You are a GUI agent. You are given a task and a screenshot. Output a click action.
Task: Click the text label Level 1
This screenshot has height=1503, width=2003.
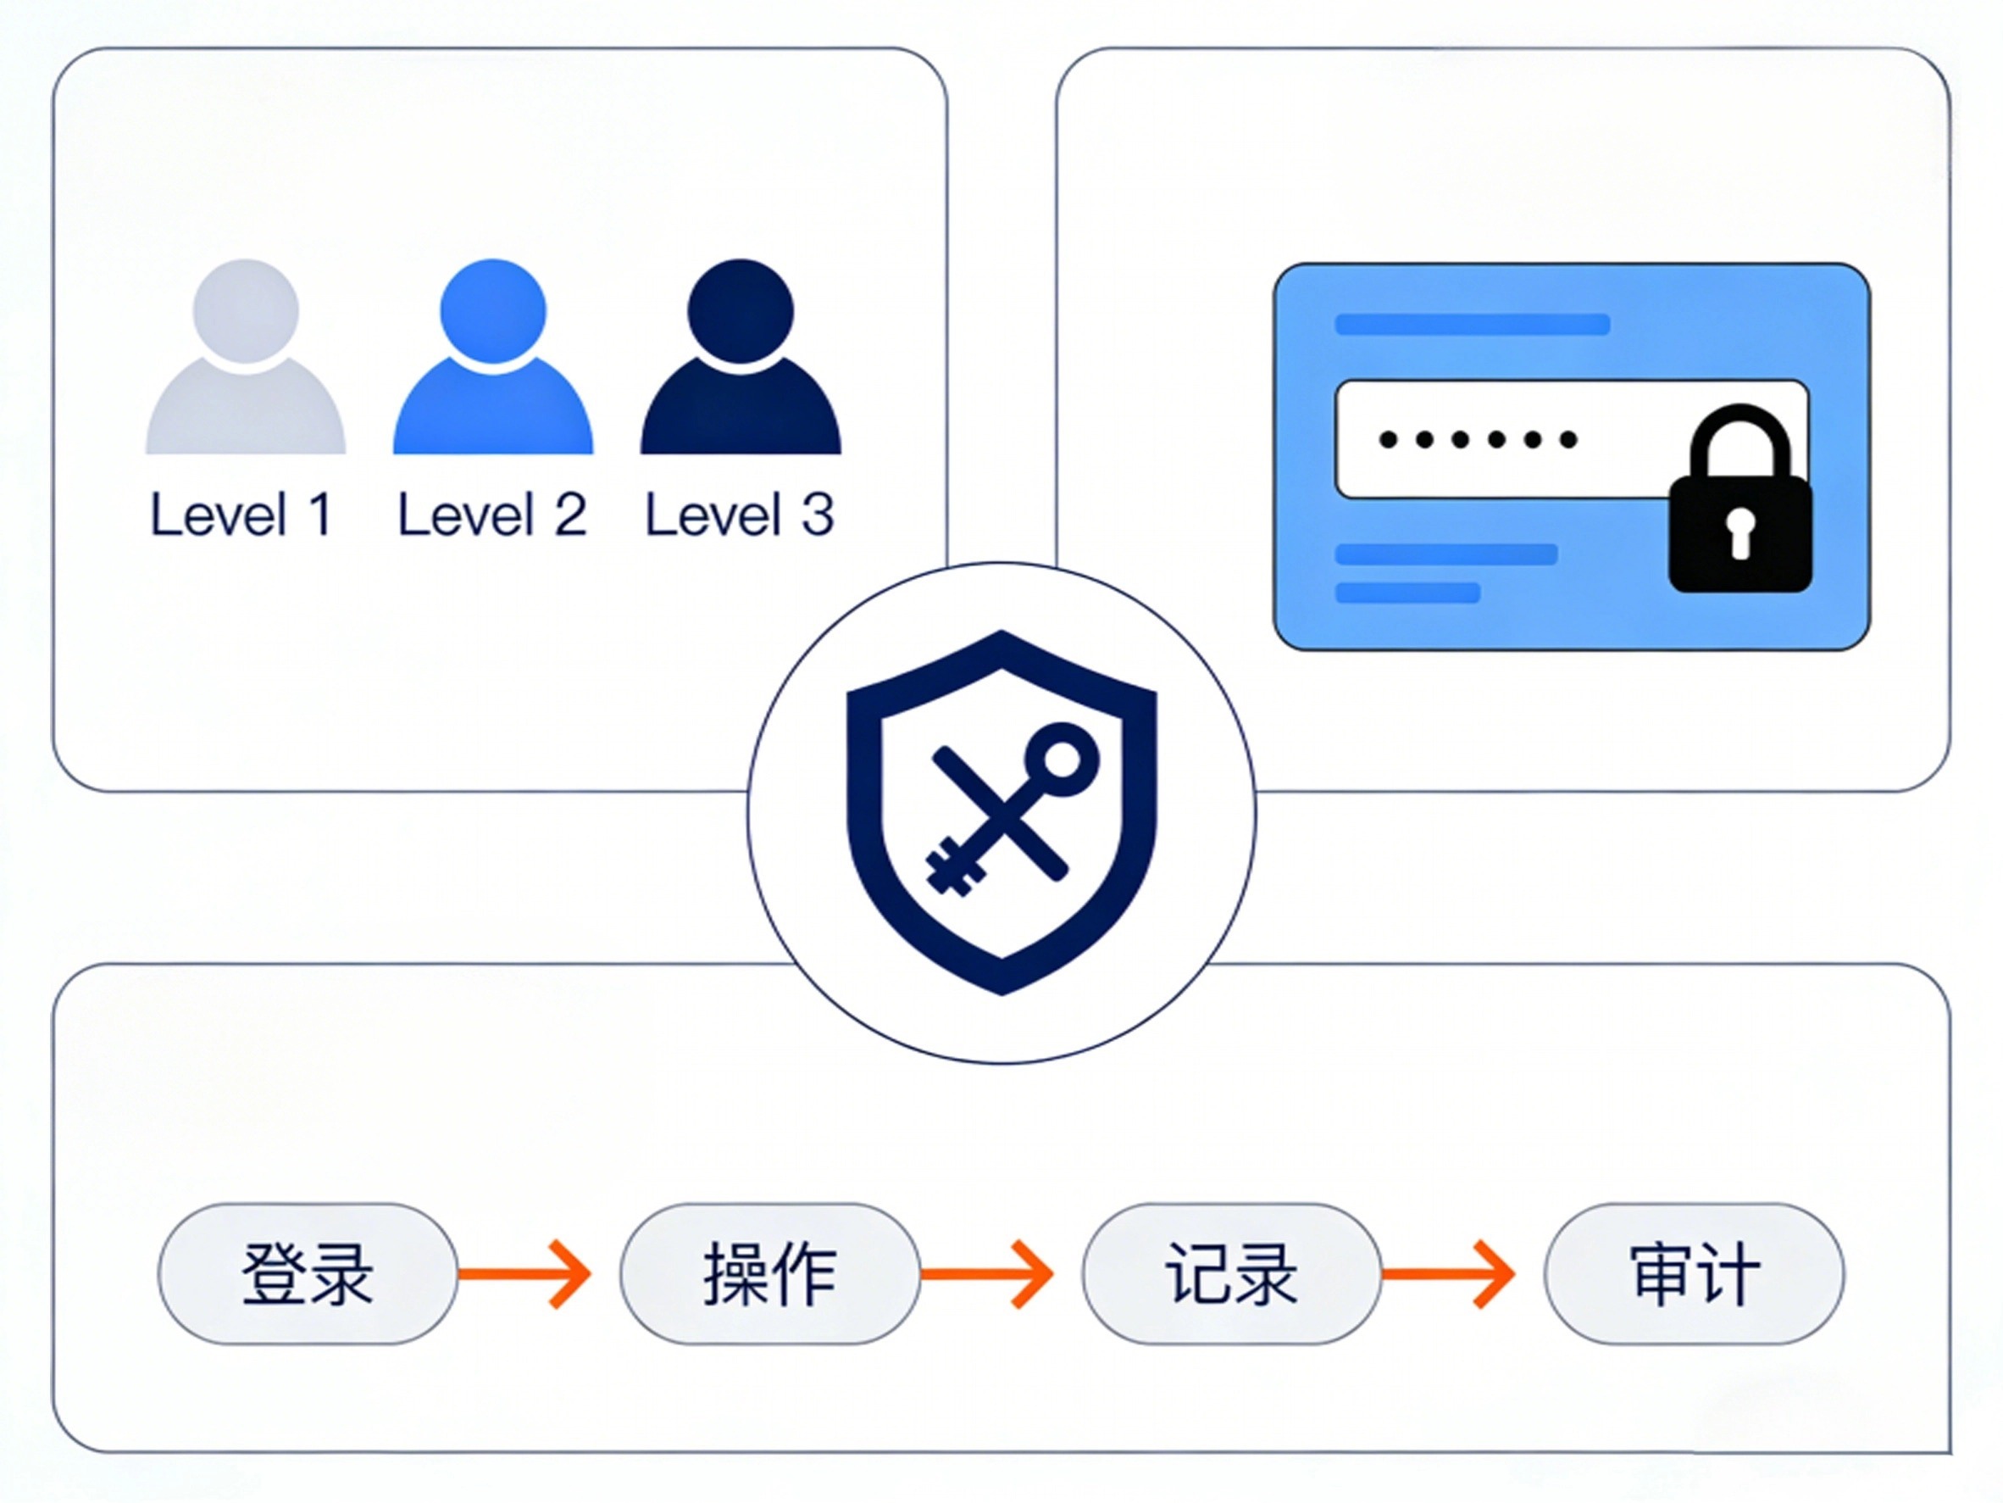241,515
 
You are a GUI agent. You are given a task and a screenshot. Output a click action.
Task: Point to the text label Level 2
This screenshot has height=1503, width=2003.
492,515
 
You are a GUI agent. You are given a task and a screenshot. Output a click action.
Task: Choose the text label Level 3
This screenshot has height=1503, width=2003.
740,515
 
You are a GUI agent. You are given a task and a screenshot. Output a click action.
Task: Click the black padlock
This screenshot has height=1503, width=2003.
1739,516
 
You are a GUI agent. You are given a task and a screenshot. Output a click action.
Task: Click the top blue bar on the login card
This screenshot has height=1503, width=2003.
1472,325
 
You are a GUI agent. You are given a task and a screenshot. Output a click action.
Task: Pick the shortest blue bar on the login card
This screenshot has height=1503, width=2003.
1407,593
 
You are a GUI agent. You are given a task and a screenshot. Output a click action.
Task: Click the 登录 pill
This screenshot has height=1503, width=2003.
308,1273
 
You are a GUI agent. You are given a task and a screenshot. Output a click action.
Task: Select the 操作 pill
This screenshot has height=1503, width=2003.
769,1273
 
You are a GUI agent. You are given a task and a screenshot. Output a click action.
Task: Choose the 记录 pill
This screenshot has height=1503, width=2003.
1231,1273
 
